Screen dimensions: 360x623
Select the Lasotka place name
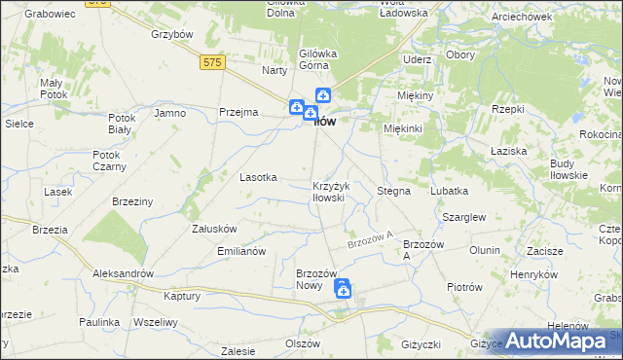click(x=259, y=177)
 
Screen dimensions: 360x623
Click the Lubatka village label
click(x=449, y=191)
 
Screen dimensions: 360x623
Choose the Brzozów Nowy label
click(x=315, y=279)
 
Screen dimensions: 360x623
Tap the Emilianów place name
click(x=240, y=251)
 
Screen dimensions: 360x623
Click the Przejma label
click(x=238, y=112)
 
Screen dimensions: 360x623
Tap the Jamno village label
click(x=169, y=113)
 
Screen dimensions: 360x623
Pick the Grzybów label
click(x=168, y=33)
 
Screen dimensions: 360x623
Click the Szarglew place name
click(x=463, y=218)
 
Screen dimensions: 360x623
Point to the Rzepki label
click(x=508, y=109)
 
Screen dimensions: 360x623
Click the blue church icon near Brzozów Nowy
click(x=343, y=289)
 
